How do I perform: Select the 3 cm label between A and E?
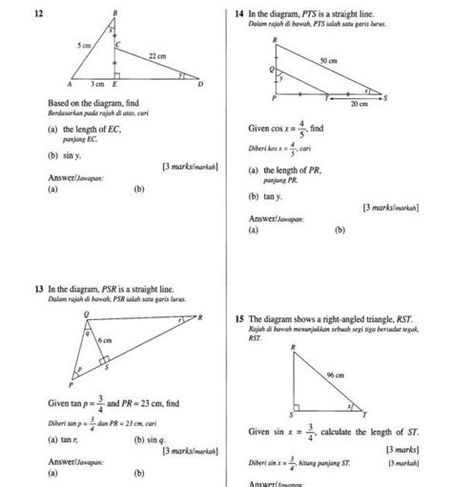click(97, 84)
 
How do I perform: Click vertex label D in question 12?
click(199, 84)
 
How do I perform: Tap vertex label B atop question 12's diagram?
click(114, 11)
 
